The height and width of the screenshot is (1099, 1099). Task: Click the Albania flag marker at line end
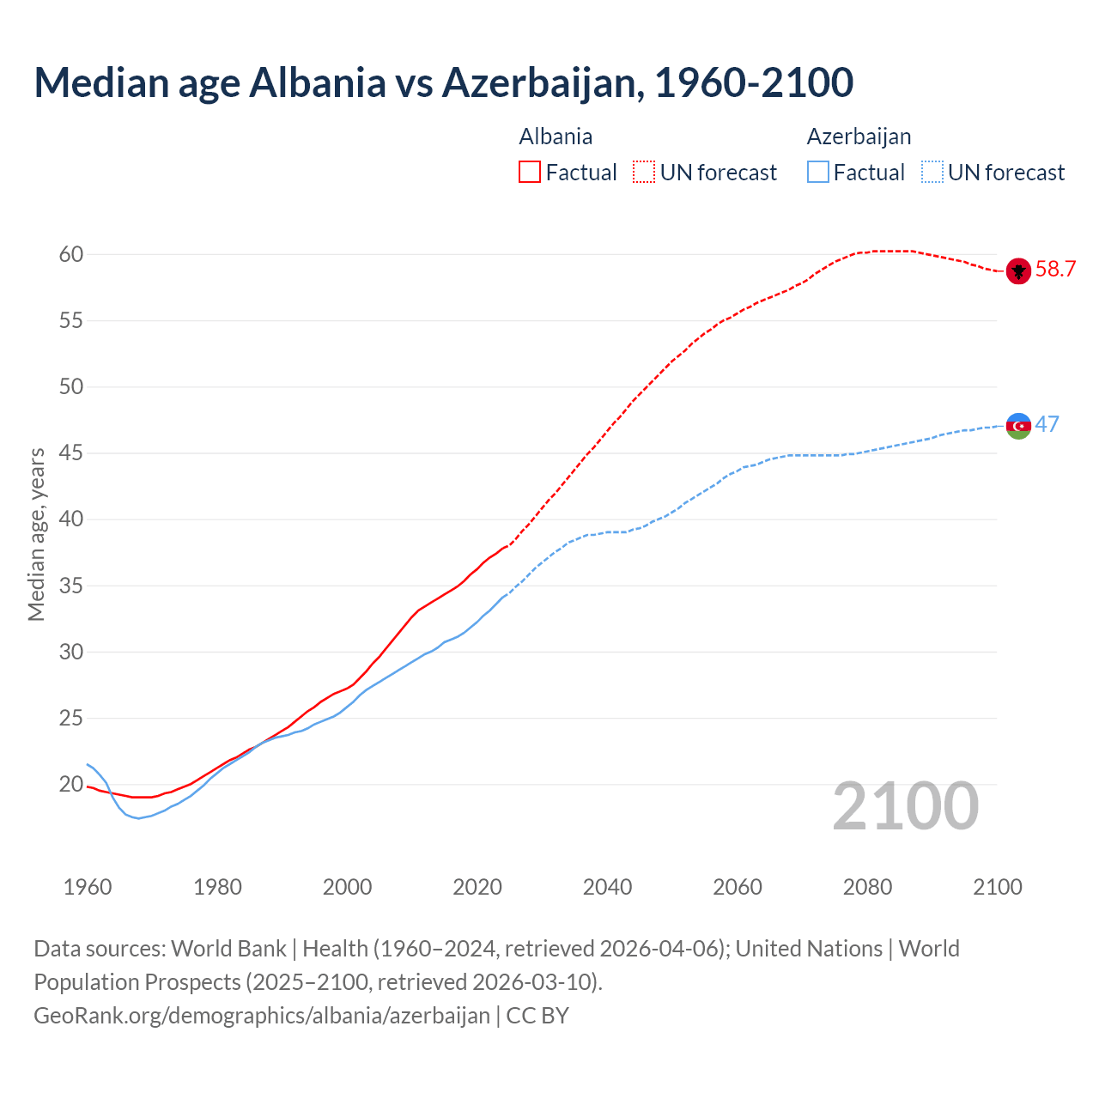pos(1018,270)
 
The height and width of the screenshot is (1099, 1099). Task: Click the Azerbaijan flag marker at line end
pos(1018,425)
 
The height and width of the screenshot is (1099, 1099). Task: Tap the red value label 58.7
pos(1055,269)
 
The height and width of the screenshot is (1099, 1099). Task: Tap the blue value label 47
pos(1047,424)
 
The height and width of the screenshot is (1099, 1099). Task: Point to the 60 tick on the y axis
pos(71,254)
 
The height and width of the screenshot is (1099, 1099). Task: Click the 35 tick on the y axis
pos(71,586)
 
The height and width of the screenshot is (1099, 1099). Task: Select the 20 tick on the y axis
pos(71,784)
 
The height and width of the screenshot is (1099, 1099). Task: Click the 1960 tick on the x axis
pos(88,887)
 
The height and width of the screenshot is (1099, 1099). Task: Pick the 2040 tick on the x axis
pos(607,887)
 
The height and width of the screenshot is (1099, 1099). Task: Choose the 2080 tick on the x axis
pos(867,887)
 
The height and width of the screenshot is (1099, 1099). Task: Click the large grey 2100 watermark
pos(905,805)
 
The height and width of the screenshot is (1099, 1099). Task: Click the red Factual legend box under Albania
pos(530,172)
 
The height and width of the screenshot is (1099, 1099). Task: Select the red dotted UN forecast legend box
pos(644,172)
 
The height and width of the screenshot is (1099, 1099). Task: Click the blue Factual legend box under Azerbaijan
pos(818,172)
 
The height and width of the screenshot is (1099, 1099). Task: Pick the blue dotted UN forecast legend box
pos(932,172)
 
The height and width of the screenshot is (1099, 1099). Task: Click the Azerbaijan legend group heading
pos(859,137)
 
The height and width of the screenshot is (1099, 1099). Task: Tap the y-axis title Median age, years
pos(36,534)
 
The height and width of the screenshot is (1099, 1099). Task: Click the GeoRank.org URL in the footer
pos(262,1015)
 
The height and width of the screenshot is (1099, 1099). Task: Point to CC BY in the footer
pos(537,1015)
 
